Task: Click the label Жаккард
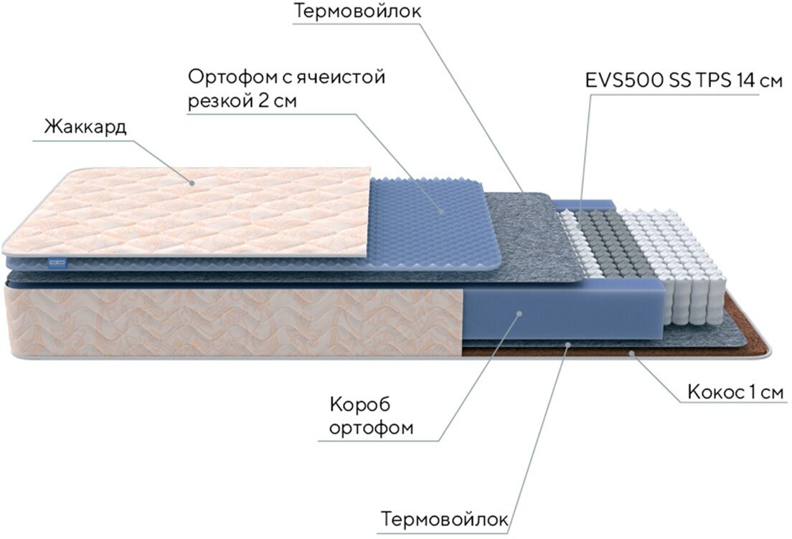(x=85, y=128)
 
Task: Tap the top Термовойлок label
(x=357, y=12)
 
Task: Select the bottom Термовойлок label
(x=445, y=518)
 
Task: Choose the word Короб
(x=358, y=405)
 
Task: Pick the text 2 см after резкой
(x=275, y=101)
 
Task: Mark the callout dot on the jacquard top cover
(x=192, y=183)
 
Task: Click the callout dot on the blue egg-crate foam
(x=441, y=211)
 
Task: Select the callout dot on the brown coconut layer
(x=631, y=353)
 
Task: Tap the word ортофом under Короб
(x=372, y=429)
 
